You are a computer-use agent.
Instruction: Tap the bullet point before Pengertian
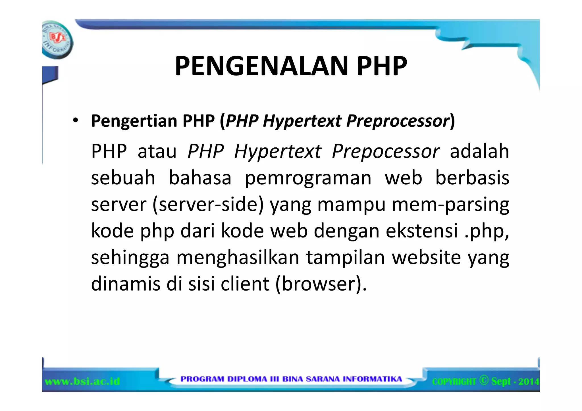click(75, 121)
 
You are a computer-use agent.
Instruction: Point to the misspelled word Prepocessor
click(386, 151)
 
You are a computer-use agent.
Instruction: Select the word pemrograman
click(308, 178)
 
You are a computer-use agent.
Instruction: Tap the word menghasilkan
click(238, 258)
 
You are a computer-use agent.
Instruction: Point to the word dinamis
click(126, 283)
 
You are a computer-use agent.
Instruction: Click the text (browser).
click(321, 283)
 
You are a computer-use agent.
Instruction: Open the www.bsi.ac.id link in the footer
click(82, 381)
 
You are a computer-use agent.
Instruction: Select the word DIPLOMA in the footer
click(247, 379)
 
